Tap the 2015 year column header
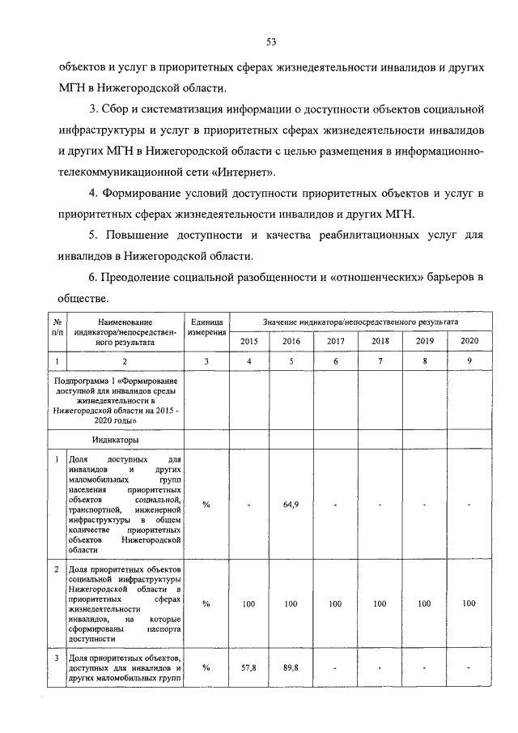(248, 341)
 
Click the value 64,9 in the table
(292, 505)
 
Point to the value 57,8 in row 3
(248, 667)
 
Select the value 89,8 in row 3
(292, 667)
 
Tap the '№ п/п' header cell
(57, 328)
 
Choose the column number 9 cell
(469, 361)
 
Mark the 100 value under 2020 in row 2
(469, 603)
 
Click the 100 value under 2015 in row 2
(248, 603)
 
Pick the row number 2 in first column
(57, 570)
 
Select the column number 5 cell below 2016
(292, 361)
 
